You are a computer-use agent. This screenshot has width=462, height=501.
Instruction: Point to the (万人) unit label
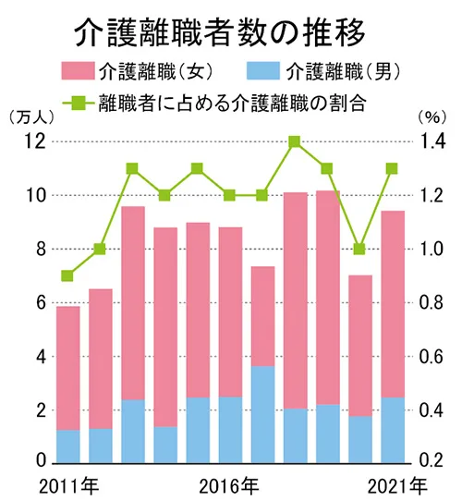(x=30, y=117)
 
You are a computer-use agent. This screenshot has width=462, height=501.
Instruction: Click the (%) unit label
(x=432, y=117)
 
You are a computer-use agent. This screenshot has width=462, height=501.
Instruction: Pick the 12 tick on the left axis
(x=34, y=141)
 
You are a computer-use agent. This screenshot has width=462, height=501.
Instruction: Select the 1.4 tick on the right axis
(x=434, y=141)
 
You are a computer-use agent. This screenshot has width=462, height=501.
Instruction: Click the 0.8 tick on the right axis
(x=434, y=302)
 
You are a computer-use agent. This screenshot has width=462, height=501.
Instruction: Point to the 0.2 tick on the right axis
(x=434, y=462)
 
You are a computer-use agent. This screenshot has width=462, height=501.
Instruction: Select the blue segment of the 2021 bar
(x=393, y=430)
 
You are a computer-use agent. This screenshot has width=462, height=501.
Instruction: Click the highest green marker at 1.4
(x=295, y=142)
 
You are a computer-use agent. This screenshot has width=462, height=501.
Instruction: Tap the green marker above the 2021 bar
(x=393, y=169)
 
